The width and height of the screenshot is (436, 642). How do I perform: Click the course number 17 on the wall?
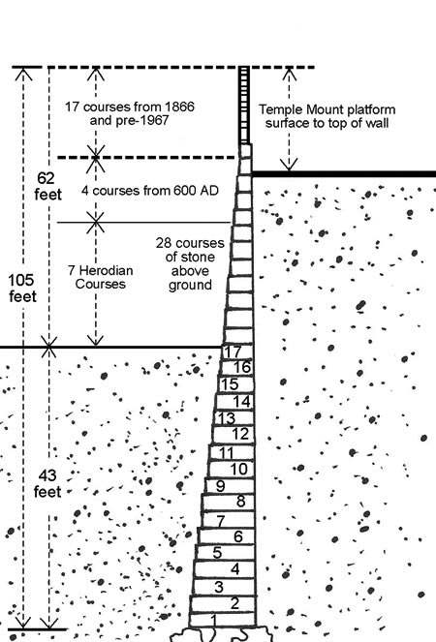pyautogui.click(x=233, y=352)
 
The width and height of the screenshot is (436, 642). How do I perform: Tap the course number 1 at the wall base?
pyautogui.click(x=213, y=620)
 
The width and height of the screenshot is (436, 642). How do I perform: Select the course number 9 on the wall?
pyautogui.click(x=221, y=486)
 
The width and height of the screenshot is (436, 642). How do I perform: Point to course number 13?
pyautogui.click(x=226, y=418)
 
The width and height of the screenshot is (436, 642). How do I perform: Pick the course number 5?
pyautogui.click(x=217, y=553)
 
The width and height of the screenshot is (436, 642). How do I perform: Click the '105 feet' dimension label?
pyautogui.click(x=21, y=289)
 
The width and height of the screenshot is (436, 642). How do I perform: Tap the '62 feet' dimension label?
pyautogui.click(x=47, y=186)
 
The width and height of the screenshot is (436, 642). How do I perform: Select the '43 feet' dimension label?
pyautogui.click(x=47, y=483)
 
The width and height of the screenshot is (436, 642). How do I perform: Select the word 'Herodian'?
pyautogui.click(x=107, y=270)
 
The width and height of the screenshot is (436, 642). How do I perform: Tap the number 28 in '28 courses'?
pyautogui.click(x=163, y=243)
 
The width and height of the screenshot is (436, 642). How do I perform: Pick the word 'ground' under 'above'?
pyautogui.click(x=190, y=285)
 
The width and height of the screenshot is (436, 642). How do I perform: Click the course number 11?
pyautogui.click(x=226, y=453)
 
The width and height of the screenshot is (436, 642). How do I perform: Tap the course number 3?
pyautogui.click(x=219, y=587)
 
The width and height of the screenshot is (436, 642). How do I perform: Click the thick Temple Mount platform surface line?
pyautogui.click(x=343, y=174)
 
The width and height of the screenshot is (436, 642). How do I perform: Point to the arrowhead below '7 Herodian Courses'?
pyautogui.click(x=96, y=341)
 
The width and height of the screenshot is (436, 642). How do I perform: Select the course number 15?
pyautogui.click(x=230, y=384)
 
